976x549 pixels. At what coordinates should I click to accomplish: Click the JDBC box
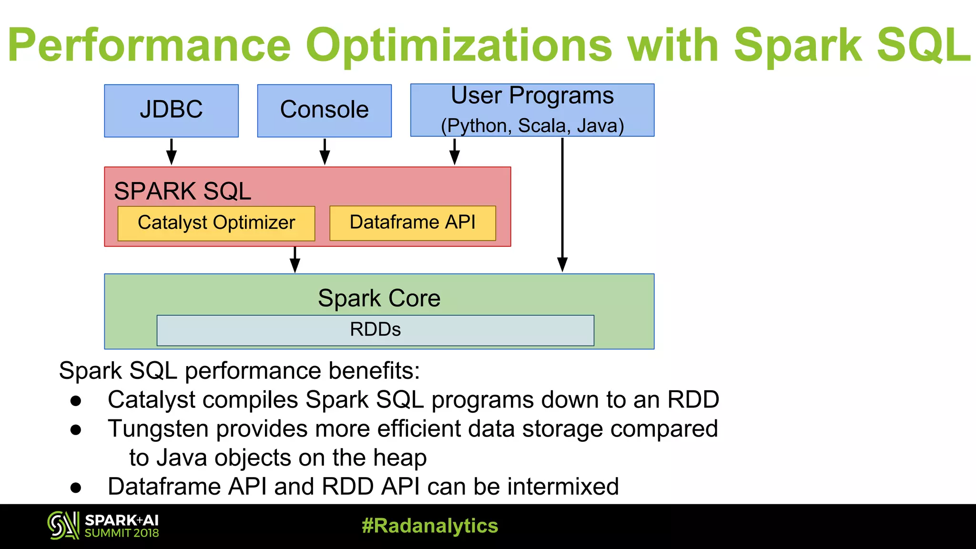point(171,111)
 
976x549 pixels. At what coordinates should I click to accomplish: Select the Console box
point(324,111)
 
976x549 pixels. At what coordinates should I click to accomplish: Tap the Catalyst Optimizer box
point(216,223)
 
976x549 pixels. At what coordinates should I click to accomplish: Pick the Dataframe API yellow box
point(412,223)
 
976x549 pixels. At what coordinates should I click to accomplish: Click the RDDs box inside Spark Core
point(375,330)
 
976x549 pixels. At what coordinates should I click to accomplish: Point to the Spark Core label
point(379,298)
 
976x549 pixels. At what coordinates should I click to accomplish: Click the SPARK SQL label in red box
point(183,191)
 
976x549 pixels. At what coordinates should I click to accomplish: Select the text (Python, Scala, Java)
point(532,126)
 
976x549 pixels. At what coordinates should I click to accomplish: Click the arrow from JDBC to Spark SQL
point(172,152)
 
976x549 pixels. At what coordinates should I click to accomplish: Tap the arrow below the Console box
point(325,152)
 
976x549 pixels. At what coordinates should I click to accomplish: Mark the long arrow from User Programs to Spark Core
point(562,205)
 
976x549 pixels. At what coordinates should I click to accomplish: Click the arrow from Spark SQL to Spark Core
point(295,260)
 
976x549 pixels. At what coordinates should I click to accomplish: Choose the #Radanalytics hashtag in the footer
point(430,526)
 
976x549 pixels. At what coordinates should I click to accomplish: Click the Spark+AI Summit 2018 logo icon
point(63,526)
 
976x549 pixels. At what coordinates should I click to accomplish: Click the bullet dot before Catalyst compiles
point(76,401)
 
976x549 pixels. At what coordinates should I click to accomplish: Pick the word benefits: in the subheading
point(374,371)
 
